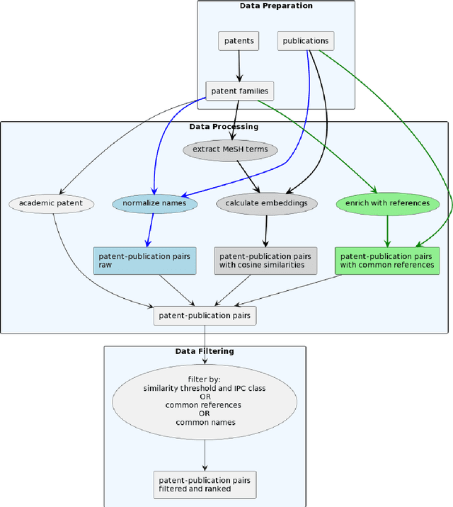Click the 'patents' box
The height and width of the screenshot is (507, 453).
(x=239, y=41)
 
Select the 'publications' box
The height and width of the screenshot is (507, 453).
(x=305, y=41)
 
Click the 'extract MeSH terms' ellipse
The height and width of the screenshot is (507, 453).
(x=230, y=150)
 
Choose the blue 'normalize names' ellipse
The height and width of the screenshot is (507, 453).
(x=154, y=203)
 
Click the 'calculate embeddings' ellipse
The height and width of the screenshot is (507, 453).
(x=265, y=203)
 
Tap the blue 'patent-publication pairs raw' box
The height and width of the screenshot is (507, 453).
(x=144, y=261)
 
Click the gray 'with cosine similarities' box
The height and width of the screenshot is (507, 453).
(x=265, y=261)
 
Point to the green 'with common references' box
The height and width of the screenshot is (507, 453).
(x=386, y=261)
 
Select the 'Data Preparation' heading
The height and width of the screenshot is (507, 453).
(x=275, y=6)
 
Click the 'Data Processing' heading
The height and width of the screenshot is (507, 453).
(x=224, y=127)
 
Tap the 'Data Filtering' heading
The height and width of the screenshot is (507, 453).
(x=205, y=351)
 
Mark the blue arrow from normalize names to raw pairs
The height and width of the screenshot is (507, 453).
(x=149, y=230)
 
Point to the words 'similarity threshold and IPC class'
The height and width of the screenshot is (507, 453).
(x=205, y=389)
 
